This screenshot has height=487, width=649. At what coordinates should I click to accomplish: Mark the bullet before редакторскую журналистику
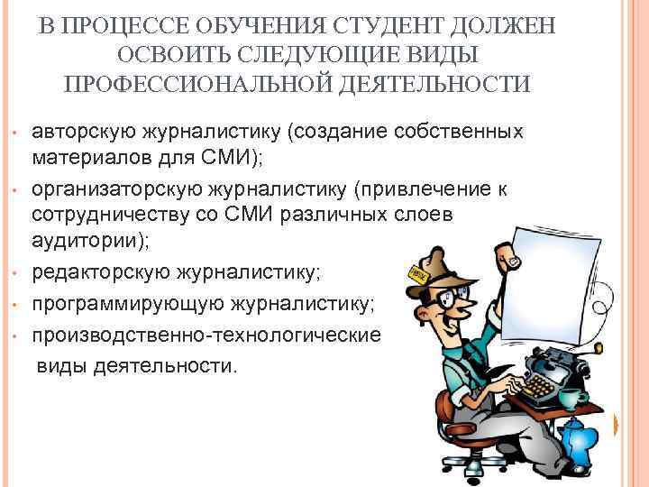[18, 277]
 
